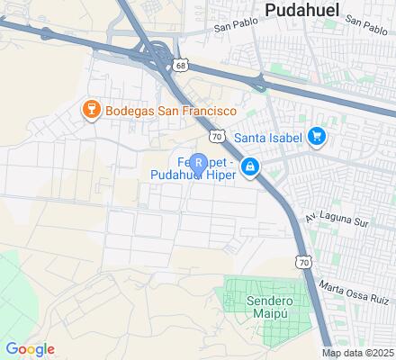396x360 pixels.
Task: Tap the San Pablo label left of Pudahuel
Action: coord(235,27)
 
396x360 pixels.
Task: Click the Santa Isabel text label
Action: coord(267,138)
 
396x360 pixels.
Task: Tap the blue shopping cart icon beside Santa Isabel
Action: coord(316,137)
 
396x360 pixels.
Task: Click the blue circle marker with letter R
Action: coord(199,162)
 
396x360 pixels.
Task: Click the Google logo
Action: coord(29,349)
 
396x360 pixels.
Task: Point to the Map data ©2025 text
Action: coord(358,353)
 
